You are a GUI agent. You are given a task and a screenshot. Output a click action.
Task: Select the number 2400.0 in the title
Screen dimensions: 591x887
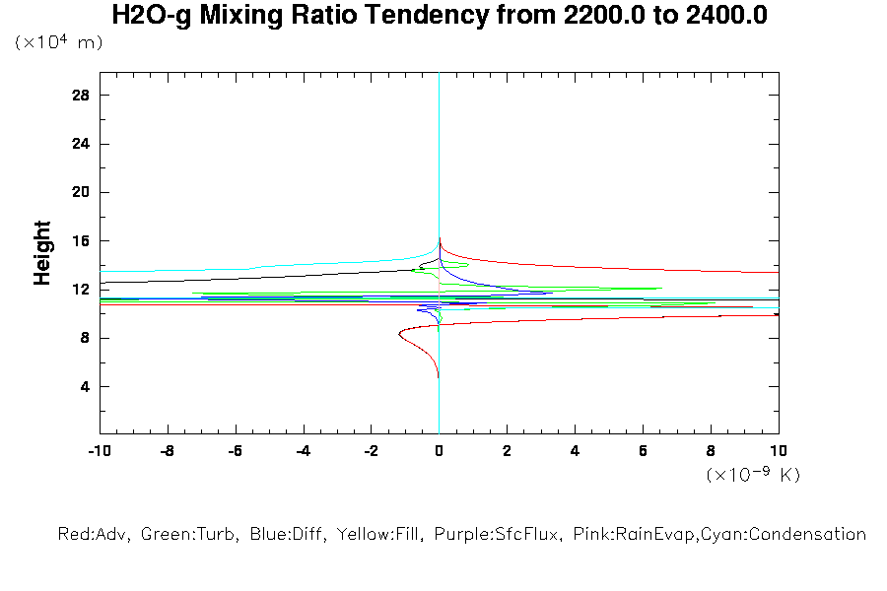(x=719, y=16)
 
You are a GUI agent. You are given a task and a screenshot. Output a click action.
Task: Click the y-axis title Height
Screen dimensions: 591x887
(x=42, y=253)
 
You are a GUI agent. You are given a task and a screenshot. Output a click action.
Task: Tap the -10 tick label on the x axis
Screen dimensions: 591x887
(x=99, y=451)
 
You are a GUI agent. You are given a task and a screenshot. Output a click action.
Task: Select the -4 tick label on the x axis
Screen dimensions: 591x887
(x=303, y=451)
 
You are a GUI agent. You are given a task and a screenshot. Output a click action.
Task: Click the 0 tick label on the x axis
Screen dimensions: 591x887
(x=439, y=451)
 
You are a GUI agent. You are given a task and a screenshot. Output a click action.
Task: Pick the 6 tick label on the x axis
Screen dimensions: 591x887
(x=643, y=451)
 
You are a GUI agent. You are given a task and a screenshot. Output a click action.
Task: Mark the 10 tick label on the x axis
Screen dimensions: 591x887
(x=778, y=451)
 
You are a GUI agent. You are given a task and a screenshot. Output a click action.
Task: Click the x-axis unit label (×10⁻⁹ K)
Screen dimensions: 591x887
(x=753, y=475)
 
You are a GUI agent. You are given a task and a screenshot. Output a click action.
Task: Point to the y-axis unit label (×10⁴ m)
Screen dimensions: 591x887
(x=59, y=42)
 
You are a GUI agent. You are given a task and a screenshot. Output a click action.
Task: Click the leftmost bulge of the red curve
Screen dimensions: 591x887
(x=399, y=335)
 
